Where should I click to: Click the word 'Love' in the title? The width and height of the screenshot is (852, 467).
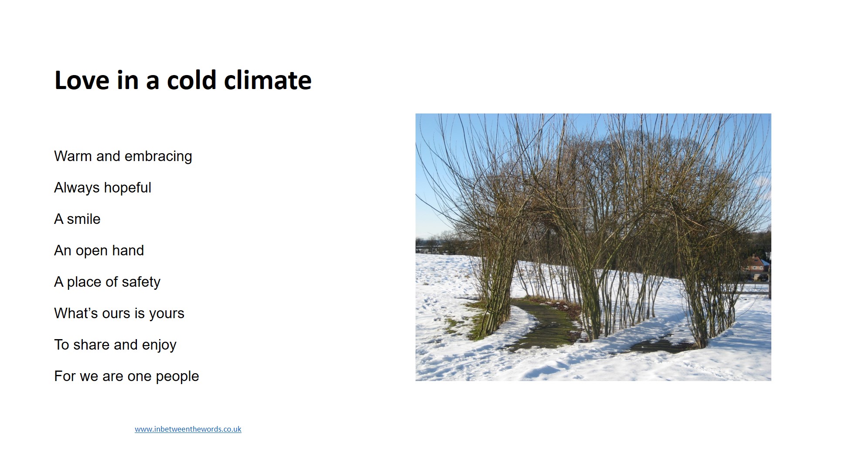coord(82,80)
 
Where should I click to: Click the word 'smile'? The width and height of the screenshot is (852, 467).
coord(84,219)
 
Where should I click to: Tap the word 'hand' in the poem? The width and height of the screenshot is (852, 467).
coord(128,251)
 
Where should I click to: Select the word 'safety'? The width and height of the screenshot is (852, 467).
coord(141,282)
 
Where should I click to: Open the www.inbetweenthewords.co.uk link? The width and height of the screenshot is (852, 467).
coord(188,429)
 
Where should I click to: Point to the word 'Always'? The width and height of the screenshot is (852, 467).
coord(77,188)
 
